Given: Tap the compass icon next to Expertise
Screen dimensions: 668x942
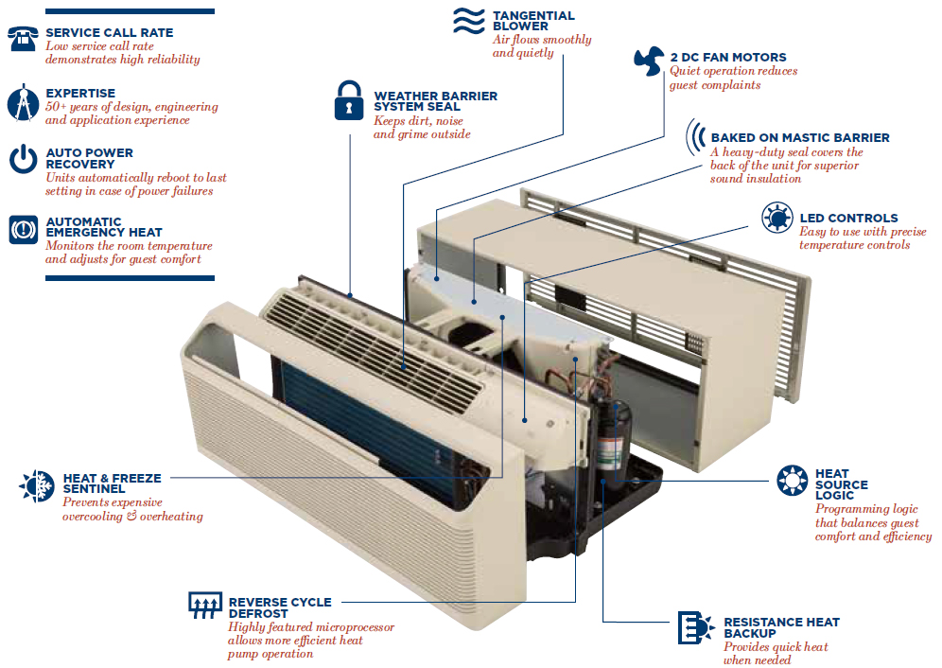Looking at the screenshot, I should pyautogui.click(x=23, y=103).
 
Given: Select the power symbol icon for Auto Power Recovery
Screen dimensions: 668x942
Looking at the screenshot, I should pyautogui.click(x=23, y=159).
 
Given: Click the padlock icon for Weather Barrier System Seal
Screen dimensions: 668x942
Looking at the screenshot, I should pyautogui.click(x=349, y=100).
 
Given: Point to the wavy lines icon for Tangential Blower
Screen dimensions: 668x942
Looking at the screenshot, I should pyautogui.click(x=468, y=21).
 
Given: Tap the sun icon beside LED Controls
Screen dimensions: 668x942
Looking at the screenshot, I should pyautogui.click(x=777, y=219).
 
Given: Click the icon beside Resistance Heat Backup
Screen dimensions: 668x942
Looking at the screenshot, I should pyautogui.click(x=695, y=627).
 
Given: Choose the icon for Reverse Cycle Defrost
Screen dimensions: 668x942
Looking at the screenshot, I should pyautogui.click(x=204, y=606).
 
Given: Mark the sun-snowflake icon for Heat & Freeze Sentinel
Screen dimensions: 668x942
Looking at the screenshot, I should pyautogui.click(x=36, y=485).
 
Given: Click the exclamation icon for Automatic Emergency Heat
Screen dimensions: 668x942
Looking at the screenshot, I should pyautogui.click(x=23, y=229).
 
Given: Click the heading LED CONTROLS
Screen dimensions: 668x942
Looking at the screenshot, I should pyautogui.click(x=848, y=219).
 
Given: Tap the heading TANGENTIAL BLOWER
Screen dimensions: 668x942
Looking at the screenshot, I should pyautogui.click(x=532, y=21).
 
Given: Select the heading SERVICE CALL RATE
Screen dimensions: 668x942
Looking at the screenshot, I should pyautogui.click(x=109, y=33).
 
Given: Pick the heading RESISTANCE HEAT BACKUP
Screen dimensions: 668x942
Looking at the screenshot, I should pyautogui.click(x=780, y=627).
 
